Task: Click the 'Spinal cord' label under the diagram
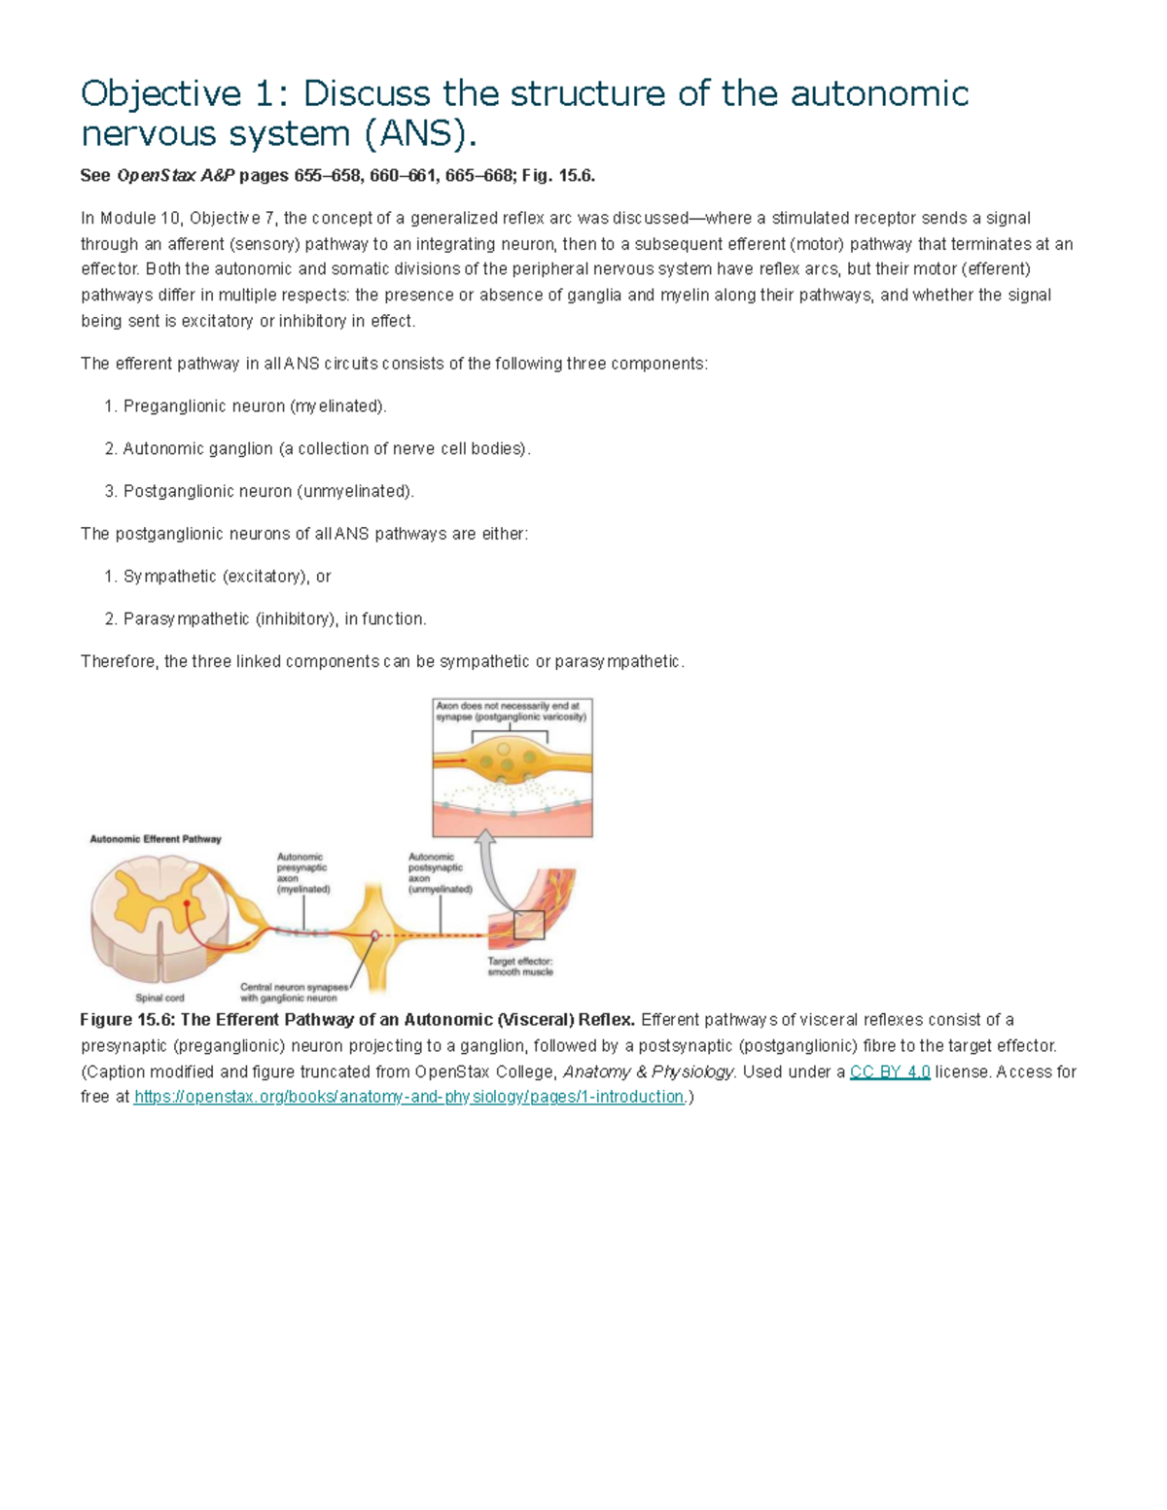[159, 998]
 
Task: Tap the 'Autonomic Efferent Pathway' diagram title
[156, 839]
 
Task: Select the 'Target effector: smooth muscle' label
[520, 966]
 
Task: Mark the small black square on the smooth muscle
[529, 926]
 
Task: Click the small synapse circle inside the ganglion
[375, 936]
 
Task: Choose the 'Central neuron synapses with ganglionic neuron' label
[293, 992]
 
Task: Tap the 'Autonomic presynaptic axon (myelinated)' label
[303, 873]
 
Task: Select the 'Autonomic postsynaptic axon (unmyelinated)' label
[440, 873]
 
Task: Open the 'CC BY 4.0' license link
[890, 1071]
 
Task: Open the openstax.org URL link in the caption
[409, 1097]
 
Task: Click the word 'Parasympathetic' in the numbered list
[186, 619]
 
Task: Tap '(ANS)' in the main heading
[420, 133]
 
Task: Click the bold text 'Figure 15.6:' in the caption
[127, 1020]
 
